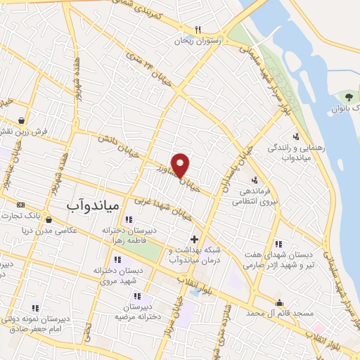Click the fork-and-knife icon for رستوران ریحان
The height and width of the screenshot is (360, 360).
tap(198, 30)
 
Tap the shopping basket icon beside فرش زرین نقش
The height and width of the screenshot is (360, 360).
tap(24, 120)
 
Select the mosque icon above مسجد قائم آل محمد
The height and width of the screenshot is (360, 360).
tap(281, 303)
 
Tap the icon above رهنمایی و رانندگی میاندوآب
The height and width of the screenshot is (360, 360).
tap(295, 137)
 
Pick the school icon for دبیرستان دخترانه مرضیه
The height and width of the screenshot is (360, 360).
tap(136, 296)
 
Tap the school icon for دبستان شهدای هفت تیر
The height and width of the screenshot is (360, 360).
tap(279, 243)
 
